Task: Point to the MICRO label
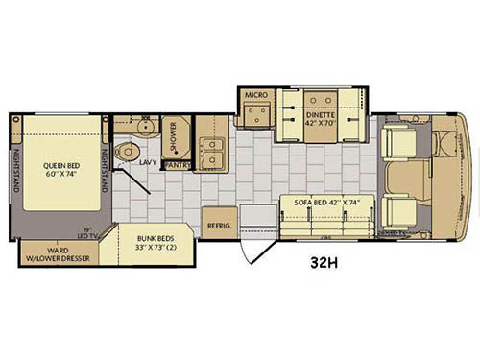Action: [x=254, y=96]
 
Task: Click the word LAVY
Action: [x=148, y=163]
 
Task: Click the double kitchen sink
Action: [x=213, y=151]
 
